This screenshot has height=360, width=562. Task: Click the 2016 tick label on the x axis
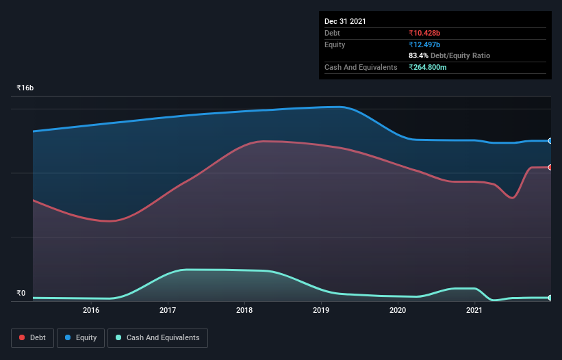[x=91, y=311]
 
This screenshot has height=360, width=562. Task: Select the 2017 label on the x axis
[x=168, y=311]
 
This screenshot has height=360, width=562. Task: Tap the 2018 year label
[x=244, y=311]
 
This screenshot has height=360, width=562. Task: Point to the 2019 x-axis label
[x=321, y=311]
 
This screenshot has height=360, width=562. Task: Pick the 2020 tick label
[x=398, y=311]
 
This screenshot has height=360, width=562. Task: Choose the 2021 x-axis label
[x=474, y=311]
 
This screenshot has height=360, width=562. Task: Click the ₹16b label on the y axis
[x=25, y=88]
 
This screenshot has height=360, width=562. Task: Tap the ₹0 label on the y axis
[x=21, y=294]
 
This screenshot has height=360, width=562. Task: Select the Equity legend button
[x=81, y=337]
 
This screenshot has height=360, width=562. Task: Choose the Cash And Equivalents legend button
[x=157, y=337]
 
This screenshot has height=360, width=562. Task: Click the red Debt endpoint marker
[x=550, y=167]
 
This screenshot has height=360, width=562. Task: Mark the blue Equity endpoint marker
[x=550, y=140]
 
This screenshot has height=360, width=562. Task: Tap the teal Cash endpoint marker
[x=550, y=298]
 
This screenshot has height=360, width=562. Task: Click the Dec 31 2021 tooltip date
[x=345, y=21]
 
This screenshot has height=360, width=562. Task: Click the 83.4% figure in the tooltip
[x=418, y=55]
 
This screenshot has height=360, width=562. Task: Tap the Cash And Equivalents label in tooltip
[x=361, y=67]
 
